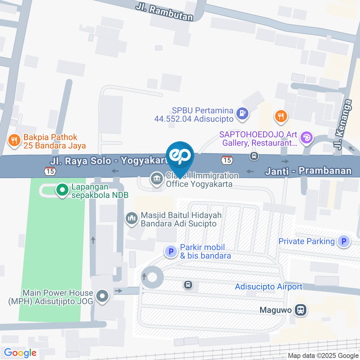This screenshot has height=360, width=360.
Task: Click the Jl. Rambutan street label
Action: (x=165, y=11)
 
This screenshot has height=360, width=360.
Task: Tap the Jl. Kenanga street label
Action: (x=340, y=124)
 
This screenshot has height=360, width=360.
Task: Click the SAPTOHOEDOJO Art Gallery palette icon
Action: (x=307, y=137)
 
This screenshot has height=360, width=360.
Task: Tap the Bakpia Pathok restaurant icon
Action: (x=14, y=141)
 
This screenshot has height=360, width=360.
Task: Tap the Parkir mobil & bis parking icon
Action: (x=171, y=251)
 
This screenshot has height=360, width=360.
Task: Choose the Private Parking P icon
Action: (x=343, y=241)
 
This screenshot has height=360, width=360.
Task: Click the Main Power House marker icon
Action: (x=102, y=297)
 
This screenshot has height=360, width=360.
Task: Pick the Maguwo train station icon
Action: (x=300, y=310)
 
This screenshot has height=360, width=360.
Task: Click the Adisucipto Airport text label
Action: (x=268, y=287)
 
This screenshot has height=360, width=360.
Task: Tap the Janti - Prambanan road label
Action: (x=308, y=171)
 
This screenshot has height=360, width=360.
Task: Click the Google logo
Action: (x=20, y=353)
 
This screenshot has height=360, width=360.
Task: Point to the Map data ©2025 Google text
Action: (x=323, y=355)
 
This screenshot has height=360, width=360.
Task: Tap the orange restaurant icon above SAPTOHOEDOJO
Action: (x=280, y=116)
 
